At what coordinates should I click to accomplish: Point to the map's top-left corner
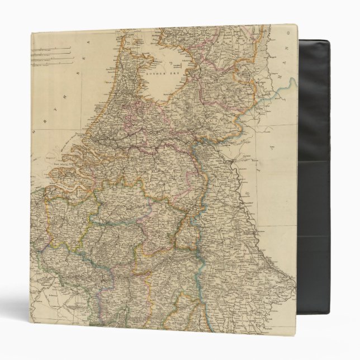coord(32,34)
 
